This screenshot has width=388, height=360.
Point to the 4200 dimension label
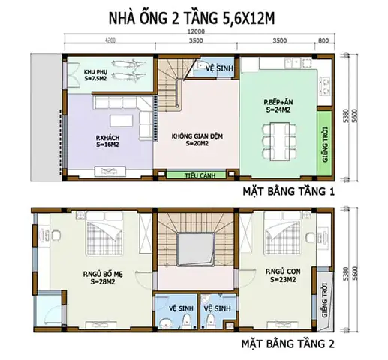tap(110, 42)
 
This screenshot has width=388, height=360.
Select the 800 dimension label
tap(323, 42)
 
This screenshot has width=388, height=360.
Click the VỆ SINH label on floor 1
tap(218, 66)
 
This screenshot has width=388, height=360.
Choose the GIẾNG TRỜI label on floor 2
tap(324, 301)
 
